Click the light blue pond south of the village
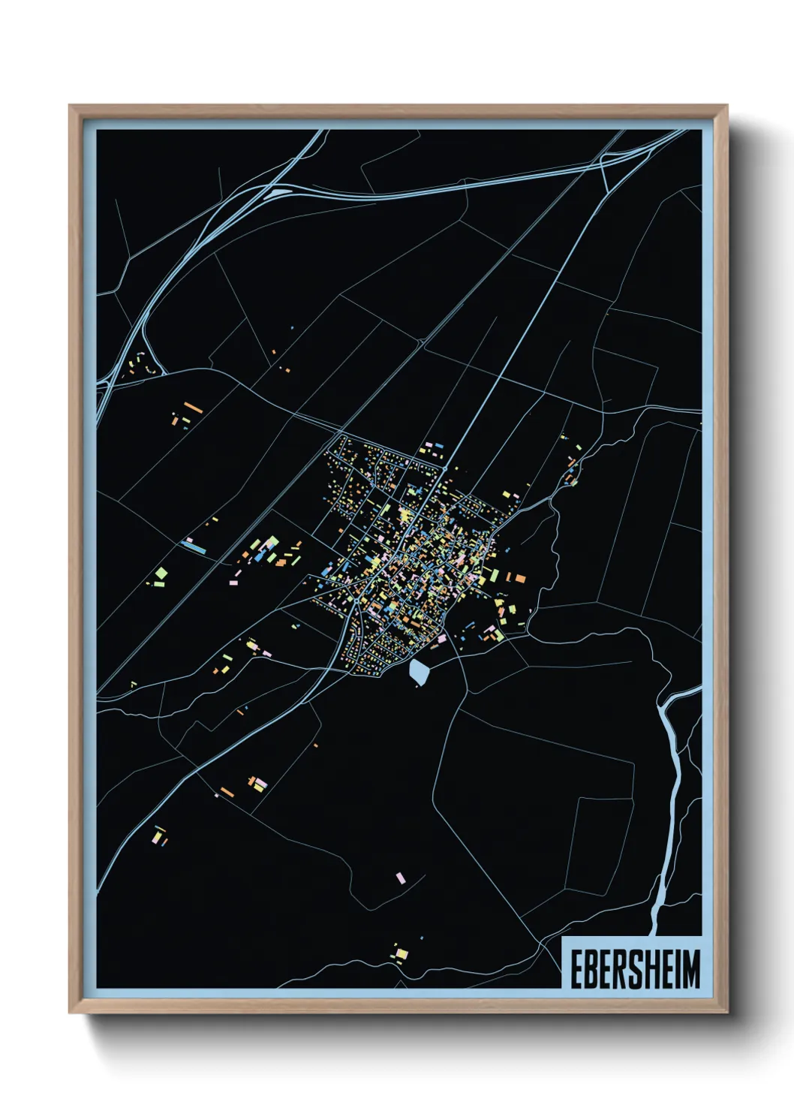418,673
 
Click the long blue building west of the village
194,548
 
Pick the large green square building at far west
161,574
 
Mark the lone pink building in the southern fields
400,877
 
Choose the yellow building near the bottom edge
402,954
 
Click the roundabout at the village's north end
444,468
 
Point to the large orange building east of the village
519,578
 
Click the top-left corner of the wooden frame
71,107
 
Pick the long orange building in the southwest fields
227,792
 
